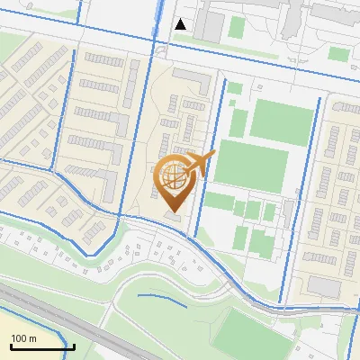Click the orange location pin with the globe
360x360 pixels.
[176, 182]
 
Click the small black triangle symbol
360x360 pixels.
[181, 24]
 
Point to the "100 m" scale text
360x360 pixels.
[23, 338]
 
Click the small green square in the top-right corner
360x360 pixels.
[337, 54]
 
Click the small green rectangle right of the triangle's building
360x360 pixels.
[236, 27]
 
